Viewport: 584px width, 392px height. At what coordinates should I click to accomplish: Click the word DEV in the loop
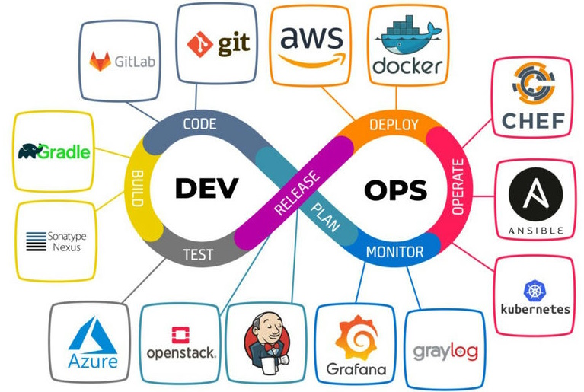coord(207,188)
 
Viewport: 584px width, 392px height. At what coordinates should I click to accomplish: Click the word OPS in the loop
coord(396,190)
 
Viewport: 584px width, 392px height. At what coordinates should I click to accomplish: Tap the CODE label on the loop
coord(199,123)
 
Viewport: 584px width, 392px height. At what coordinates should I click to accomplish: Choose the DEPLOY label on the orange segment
coord(394,124)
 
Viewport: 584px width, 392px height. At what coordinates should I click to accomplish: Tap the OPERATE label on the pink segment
coord(458,187)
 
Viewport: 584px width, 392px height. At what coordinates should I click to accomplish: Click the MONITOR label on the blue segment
coord(395,251)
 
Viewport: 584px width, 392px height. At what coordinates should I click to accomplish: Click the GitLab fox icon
coord(100,62)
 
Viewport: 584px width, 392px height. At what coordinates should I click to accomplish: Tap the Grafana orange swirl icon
coord(356,337)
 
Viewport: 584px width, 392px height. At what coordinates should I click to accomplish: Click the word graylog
coord(445,352)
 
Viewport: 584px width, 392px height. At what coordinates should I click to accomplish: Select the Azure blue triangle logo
coord(93,334)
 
